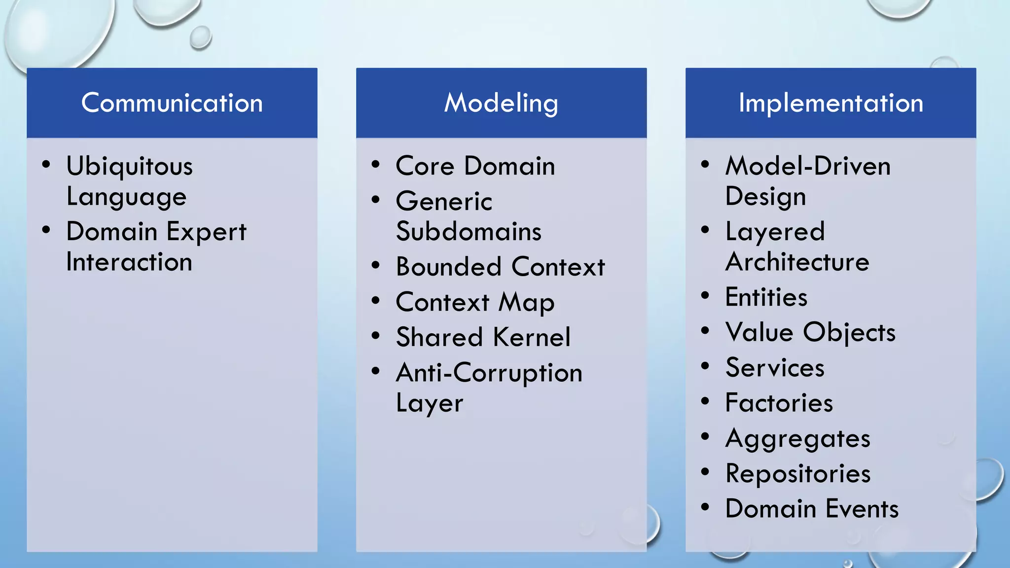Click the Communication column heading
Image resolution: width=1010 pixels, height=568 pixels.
point(172,103)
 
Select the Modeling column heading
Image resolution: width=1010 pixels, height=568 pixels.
point(501,103)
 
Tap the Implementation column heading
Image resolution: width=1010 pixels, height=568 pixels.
point(830,103)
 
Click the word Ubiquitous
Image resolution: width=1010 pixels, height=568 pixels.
point(129,166)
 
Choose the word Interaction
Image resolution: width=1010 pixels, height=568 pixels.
point(129,262)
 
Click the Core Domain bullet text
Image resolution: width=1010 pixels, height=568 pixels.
point(475,166)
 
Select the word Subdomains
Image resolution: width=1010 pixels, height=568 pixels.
point(469,232)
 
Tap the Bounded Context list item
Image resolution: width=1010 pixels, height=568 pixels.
point(500,267)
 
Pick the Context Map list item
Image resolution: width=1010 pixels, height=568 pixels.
point(475,302)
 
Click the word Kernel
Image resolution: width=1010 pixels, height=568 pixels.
point(532,337)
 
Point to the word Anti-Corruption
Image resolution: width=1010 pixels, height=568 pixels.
point(489,373)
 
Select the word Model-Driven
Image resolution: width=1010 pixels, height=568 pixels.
point(808,166)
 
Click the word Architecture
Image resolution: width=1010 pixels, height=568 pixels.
point(797,262)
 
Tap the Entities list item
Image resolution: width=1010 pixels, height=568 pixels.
point(766,297)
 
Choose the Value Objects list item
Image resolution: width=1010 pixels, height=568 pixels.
point(810,332)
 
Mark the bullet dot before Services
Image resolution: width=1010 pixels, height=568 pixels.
point(705,366)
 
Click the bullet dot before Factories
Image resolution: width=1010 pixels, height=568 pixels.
point(705,401)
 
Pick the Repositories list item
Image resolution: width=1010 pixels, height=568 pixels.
point(798,474)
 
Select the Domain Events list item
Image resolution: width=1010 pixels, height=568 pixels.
point(812,509)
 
